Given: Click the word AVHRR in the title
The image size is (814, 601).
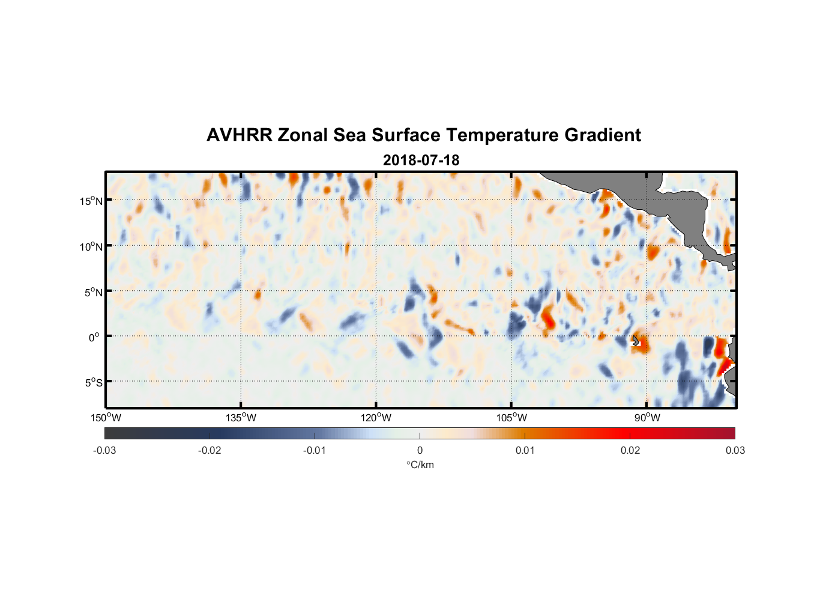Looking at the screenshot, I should point(239,135).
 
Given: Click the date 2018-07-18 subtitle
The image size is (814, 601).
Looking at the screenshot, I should point(421,160).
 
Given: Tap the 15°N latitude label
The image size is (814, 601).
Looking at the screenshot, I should point(91,201).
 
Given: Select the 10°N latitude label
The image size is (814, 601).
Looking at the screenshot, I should point(91,246).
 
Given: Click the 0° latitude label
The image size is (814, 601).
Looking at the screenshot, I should point(94,337).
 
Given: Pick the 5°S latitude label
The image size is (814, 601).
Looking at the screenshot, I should point(93,382).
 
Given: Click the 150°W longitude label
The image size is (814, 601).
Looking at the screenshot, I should point(106,418).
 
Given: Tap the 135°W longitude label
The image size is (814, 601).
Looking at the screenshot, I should point(241,418).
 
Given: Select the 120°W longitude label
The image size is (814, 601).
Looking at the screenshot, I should point(376,418).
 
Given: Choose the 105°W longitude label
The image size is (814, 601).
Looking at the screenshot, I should point(511,418).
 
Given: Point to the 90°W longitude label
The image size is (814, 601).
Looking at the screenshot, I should point(647,418).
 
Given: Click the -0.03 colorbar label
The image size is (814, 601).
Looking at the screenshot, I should point(104,450).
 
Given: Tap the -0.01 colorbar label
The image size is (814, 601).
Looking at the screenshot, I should point(315,450).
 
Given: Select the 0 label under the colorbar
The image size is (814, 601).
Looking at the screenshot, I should point(420,450).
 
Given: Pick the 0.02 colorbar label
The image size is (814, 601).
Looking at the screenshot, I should point(630,450).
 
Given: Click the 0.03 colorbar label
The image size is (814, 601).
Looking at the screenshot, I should point(735,450).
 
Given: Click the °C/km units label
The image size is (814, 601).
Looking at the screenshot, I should point(420,465).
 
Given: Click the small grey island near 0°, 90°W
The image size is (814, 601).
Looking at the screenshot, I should point(636,341).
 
